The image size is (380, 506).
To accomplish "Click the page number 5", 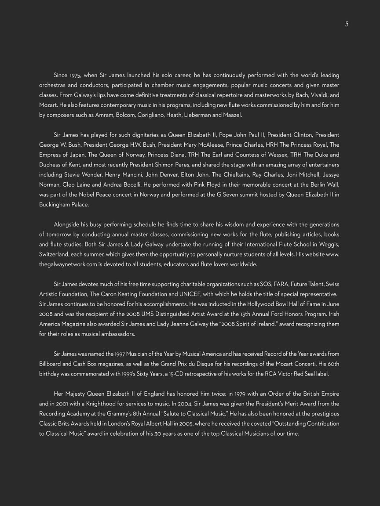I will coord(347,24).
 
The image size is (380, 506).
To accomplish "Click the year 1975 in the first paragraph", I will coord(75,75).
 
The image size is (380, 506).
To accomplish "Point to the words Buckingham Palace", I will coord(64,205).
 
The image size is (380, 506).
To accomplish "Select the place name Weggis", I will coord(328,244).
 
